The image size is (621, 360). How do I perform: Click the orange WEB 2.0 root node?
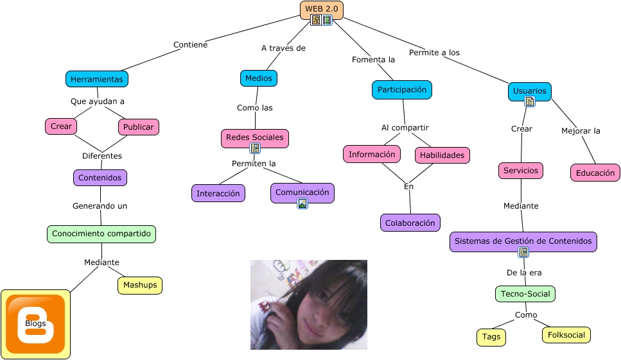[321, 9]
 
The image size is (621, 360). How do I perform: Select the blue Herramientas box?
[97, 79]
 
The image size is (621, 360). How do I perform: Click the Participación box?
[402, 90]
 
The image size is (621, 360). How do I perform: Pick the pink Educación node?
[595, 173]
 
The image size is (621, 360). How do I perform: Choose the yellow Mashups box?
[140, 285]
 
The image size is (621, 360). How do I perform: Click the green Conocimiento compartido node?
[101, 234]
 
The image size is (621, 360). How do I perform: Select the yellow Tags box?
[491, 337]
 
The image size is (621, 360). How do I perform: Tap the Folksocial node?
[566, 334]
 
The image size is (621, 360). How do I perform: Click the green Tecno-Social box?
[525, 294]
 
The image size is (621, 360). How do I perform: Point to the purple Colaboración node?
[410, 223]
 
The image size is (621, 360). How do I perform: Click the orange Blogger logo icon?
[35, 324]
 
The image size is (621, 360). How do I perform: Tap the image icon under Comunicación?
[302, 203]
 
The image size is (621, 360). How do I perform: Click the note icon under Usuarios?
[530, 101]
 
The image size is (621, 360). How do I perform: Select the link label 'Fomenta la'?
[373, 60]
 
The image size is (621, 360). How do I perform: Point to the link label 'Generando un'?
[100, 206]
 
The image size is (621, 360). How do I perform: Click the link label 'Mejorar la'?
[581, 131]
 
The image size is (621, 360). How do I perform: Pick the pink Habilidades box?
[442, 155]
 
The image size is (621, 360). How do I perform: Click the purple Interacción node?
[218, 193]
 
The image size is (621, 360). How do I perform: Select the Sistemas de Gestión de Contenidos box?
[523, 241]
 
